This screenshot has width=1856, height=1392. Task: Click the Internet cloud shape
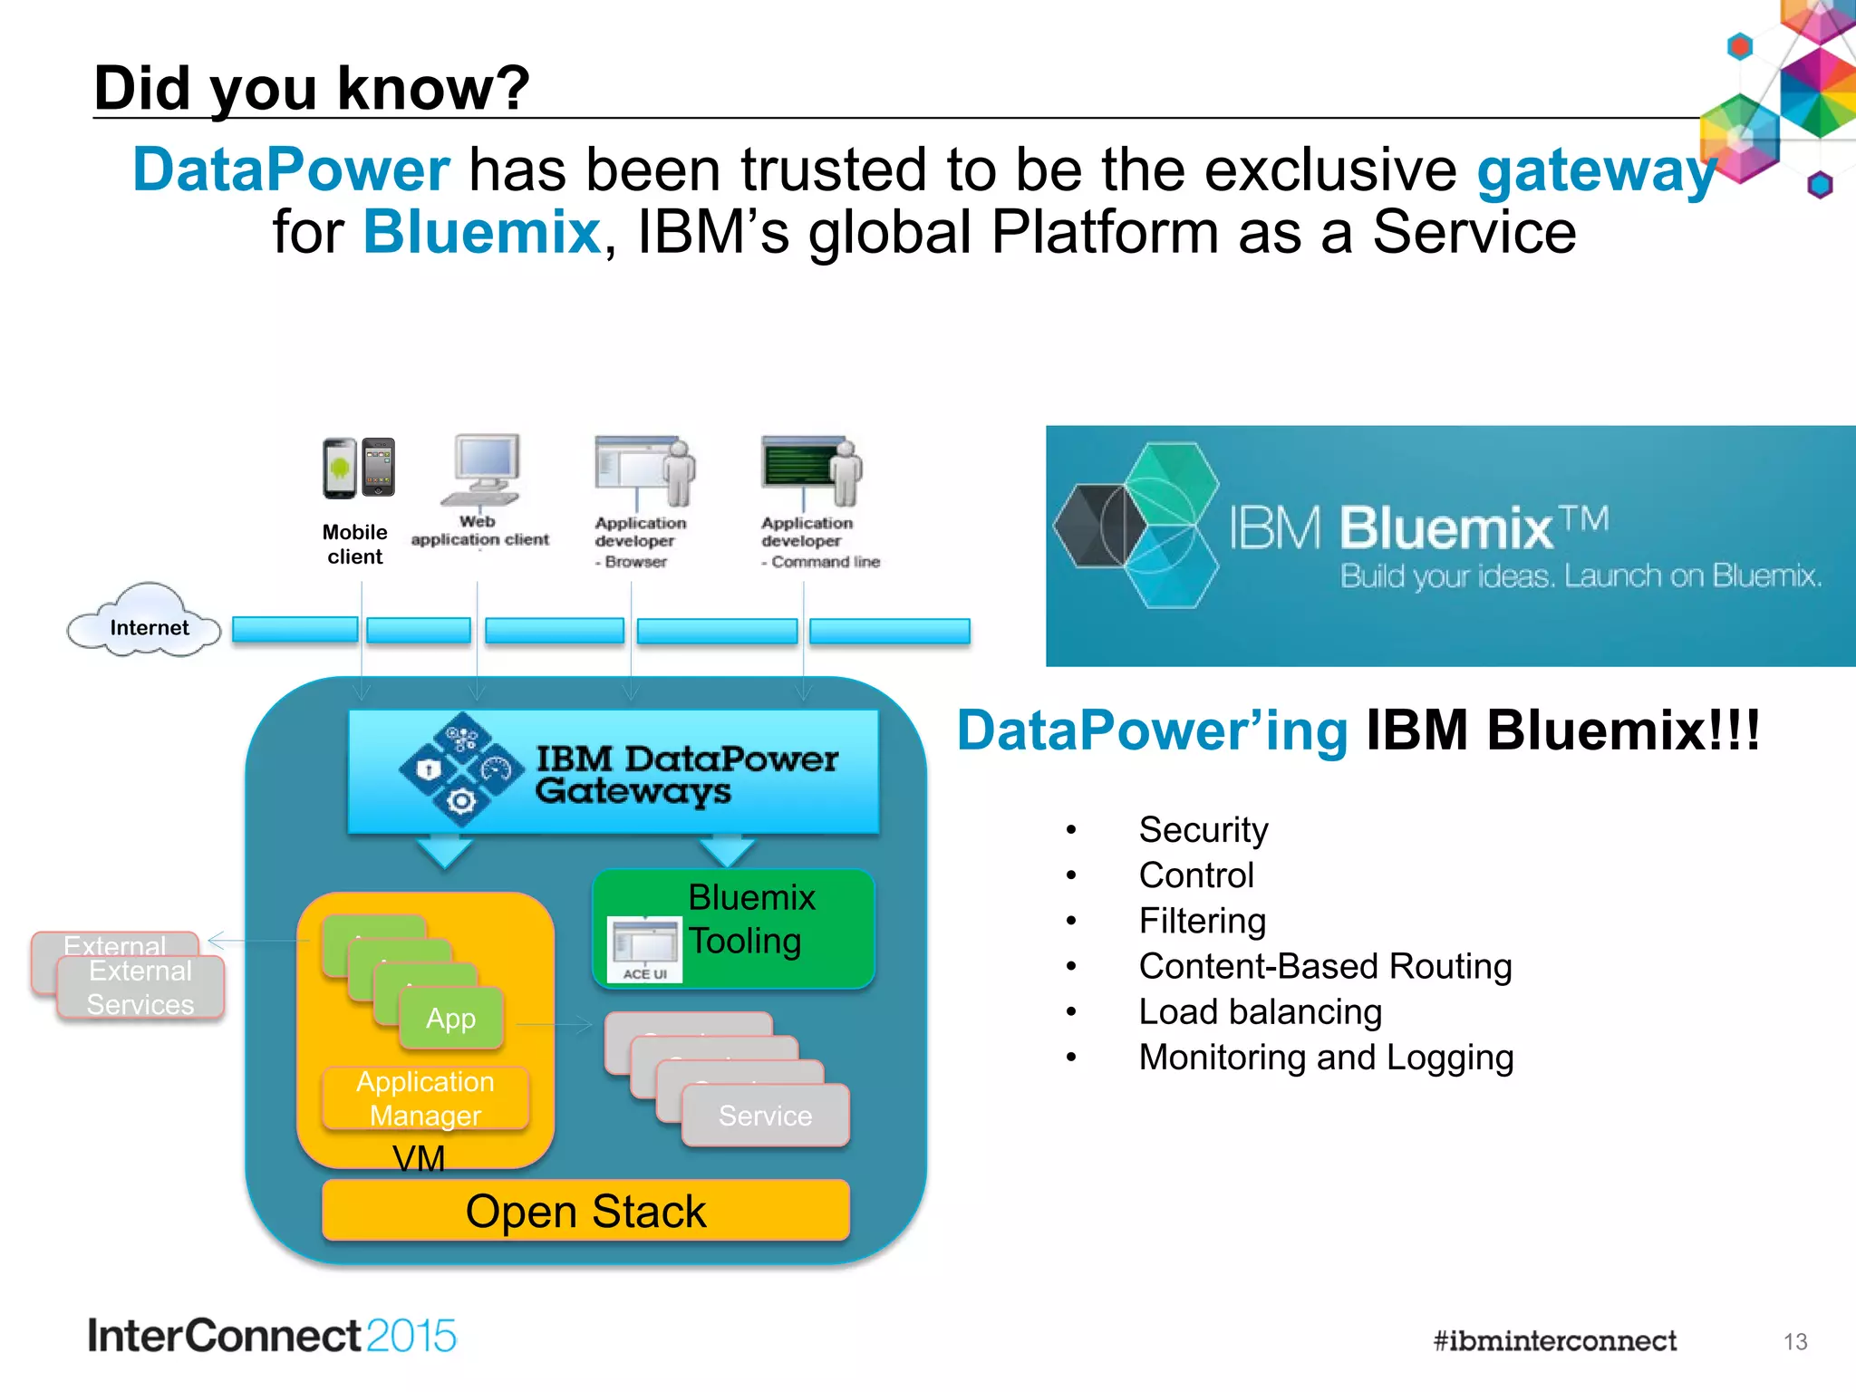pyautogui.click(x=145, y=622)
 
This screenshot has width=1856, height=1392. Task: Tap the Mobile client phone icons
pyautogui.click(x=359, y=468)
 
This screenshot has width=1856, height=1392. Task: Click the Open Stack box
pyautogui.click(x=585, y=1211)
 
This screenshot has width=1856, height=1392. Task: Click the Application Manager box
pyautogui.click(x=425, y=1098)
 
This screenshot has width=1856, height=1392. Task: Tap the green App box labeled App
pyautogui.click(x=451, y=1019)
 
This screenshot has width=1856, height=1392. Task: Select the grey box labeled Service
pyautogui.click(x=766, y=1116)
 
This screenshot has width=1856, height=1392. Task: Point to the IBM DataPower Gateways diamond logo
pyautogui.click(x=461, y=770)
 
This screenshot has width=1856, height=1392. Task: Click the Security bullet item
pyautogui.click(x=1203, y=830)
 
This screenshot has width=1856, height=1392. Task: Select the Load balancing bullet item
pyautogui.click(x=1260, y=1012)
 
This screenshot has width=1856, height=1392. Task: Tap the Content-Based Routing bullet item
pyautogui.click(x=1324, y=967)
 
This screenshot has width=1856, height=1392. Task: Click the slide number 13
pyautogui.click(x=1794, y=1342)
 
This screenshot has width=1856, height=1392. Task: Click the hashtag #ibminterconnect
pyautogui.click(x=1554, y=1341)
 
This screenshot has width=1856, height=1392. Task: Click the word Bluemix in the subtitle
pyautogui.click(x=482, y=232)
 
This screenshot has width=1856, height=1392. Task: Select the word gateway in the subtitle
pyautogui.click(x=1596, y=170)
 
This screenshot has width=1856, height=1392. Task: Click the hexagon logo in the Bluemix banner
pyautogui.click(x=1138, y=526)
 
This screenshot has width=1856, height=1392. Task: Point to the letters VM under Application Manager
pyautogui.click(x=419, y=1159)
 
